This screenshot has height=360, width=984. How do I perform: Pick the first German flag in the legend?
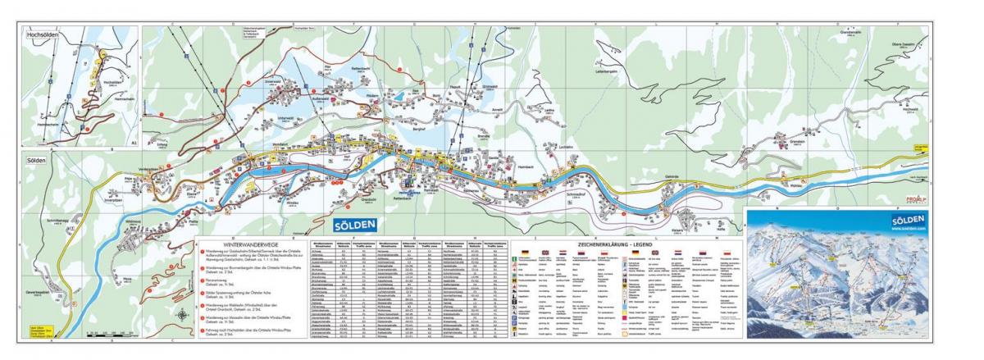coord(526,252)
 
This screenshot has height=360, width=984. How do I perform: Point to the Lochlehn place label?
coord(567,147)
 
